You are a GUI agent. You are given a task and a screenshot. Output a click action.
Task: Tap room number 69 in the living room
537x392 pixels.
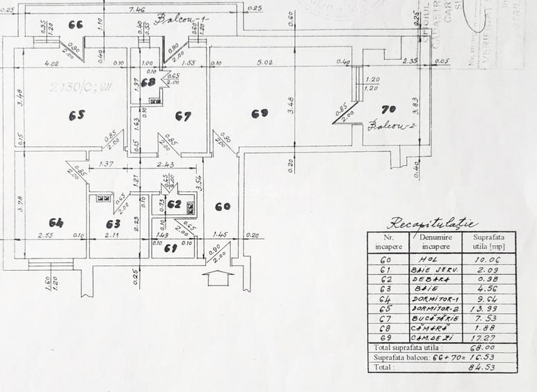coord(259,112)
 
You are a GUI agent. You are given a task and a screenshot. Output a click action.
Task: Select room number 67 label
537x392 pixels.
coord(182,116)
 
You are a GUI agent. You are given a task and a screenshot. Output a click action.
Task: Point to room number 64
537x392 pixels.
coord(56,223)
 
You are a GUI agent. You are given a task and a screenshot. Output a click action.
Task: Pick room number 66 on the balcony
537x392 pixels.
coord(76,24)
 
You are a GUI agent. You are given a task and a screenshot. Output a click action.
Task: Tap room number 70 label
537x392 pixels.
coord(389,109)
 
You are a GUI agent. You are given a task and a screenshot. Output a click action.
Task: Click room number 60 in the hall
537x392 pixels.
coord(223,206)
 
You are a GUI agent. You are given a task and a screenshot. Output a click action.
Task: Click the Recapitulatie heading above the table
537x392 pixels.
coord(432,224)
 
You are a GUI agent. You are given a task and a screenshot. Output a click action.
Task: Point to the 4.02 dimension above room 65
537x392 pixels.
coord(51,63)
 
